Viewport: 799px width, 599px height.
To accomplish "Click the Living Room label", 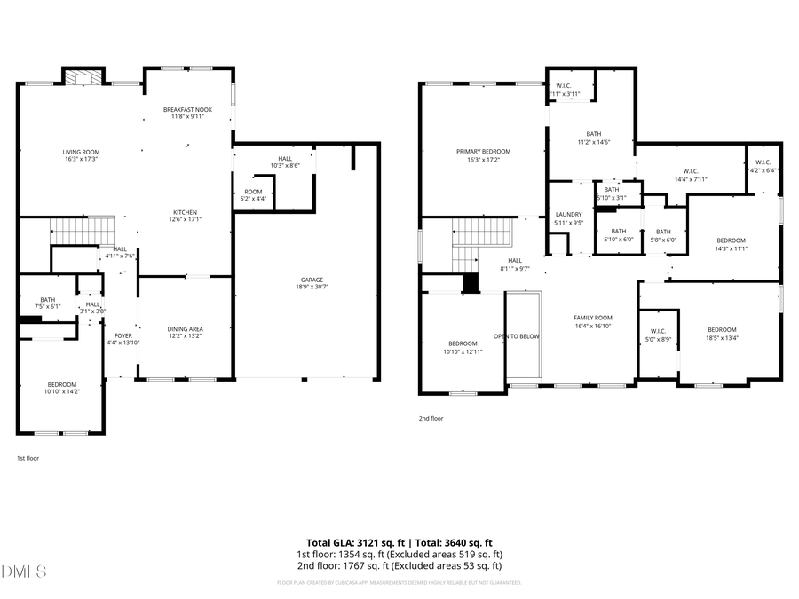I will (81, 155).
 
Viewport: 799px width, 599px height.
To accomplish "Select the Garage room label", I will (311, 283).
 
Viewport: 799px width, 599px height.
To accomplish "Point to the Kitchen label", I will (185, 216).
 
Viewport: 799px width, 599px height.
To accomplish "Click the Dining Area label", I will (185, 333).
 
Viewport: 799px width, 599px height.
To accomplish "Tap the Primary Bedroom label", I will (483, 155).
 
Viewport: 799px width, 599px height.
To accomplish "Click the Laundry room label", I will (568, 218).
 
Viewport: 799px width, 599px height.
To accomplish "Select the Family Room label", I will (592, 321).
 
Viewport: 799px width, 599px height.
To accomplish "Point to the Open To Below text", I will (518, 336).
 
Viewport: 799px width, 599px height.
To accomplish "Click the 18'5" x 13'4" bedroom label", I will (722, 333).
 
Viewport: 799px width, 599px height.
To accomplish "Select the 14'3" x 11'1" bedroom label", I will (731, 244).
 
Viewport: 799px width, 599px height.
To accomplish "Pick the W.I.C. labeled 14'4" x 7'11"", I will (695, 175).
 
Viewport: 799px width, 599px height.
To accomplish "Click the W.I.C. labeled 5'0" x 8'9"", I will (658, 335).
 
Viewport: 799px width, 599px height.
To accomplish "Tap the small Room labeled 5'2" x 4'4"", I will (254, 195).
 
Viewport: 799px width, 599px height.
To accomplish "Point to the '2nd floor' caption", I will (431, 418).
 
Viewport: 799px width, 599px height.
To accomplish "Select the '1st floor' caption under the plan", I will (28, 458).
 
